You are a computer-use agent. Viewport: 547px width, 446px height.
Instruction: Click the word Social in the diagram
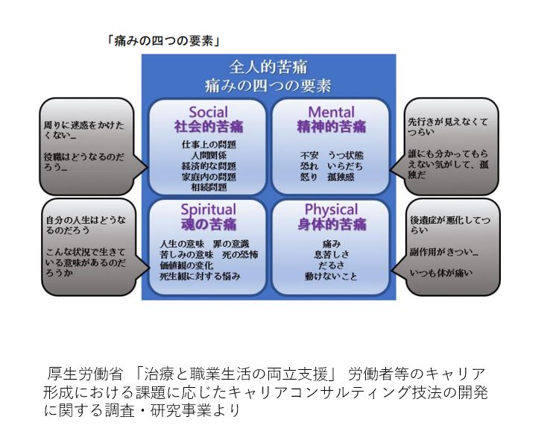[208, 113]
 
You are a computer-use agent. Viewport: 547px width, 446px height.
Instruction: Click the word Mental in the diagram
[327, 113]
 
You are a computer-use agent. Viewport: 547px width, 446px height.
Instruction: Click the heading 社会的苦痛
[208, 126]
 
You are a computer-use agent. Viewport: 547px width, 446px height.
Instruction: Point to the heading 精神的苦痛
[328, 126]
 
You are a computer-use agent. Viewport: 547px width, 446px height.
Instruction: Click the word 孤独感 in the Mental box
[341, 178]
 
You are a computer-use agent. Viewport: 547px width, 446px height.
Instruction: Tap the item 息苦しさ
[331, 254]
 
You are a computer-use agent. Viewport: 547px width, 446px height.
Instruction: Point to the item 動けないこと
[331, 276]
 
